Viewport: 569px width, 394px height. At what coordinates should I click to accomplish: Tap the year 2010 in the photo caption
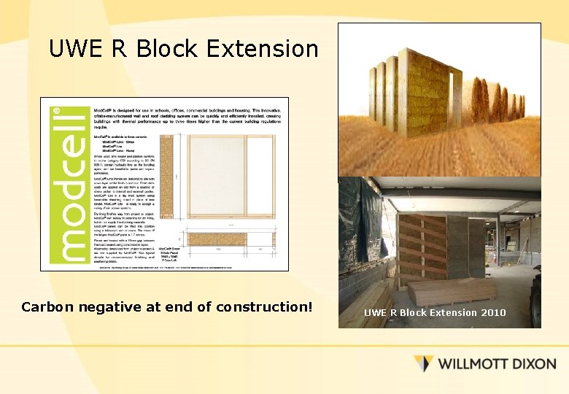pos(493,313)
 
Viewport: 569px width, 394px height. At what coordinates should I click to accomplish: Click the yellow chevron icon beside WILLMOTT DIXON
pos(424,363)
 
